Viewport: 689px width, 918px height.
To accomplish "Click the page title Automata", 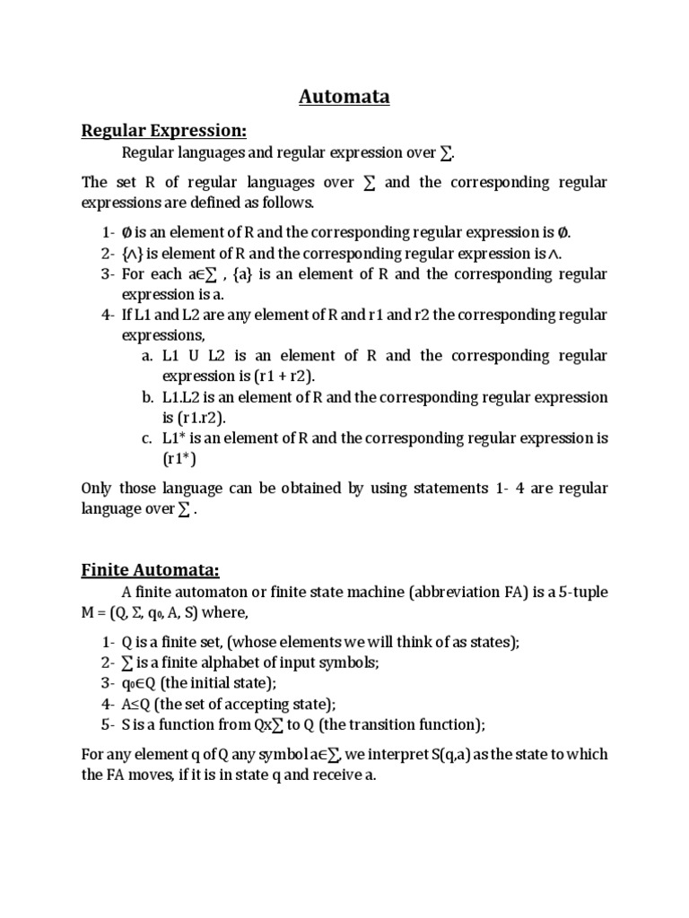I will pyautogui.click(x=344, y=97).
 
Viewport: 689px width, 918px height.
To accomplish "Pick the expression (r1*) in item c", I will pyautogui.click(x=179, y=458).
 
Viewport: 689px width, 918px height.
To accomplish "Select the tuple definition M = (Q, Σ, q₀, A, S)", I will pyautogui.click(x=157, y=612).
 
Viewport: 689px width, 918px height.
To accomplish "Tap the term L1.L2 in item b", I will pyautogui.click(x=185, y=397).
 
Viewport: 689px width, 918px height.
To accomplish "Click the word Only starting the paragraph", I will pyautogui.click(x=98, y=488).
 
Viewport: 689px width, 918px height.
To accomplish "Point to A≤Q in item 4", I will pyautogui.click(x=137, y=703).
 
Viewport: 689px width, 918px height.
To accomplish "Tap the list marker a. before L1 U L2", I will pyautogui.click(x=148, y=355).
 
